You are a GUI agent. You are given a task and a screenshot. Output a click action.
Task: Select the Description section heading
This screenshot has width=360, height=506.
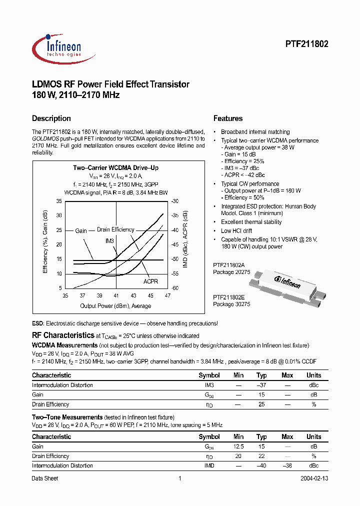[51, 118]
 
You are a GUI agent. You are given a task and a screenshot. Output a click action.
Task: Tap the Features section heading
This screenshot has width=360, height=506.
[228, 118]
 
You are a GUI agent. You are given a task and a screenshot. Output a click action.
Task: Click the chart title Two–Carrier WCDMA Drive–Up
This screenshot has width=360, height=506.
[116, 168]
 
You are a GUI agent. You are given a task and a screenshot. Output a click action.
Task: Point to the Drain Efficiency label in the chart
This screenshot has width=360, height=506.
[115, 230]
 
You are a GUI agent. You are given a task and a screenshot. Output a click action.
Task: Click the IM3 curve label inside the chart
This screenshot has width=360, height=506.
[110, 241]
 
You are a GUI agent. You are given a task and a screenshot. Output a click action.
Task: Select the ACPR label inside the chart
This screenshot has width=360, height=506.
[150, 281]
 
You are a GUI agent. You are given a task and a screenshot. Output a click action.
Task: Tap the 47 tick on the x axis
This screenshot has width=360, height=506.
[167, 295]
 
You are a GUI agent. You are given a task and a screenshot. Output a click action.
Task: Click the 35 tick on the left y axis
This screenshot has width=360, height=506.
[59, 201]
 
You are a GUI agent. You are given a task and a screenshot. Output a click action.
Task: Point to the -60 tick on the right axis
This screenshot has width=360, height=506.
[174, 288]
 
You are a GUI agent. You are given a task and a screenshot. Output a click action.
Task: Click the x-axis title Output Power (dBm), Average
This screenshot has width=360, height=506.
[115, 306]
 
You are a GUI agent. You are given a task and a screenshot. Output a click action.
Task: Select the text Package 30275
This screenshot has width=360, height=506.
[231, 304]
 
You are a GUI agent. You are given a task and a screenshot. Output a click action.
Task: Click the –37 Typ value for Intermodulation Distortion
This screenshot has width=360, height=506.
[261, 385]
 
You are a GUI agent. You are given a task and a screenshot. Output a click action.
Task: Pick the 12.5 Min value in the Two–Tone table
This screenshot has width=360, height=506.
[239, 446]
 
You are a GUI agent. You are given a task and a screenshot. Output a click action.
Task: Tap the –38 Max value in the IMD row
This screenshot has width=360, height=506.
[287, 465]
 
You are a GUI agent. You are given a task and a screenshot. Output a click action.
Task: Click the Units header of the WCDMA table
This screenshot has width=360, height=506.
[314, 375]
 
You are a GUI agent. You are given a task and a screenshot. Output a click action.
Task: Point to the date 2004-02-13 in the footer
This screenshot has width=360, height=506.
[314, 478]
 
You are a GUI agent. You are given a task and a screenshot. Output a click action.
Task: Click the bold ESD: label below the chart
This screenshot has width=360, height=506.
[38, 324]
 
